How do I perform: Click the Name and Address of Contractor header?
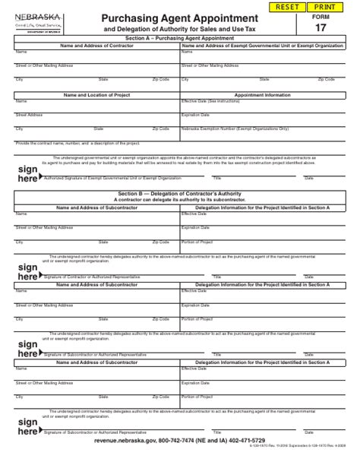(x=96, y=45)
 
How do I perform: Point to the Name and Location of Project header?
(x=96, y=95)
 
